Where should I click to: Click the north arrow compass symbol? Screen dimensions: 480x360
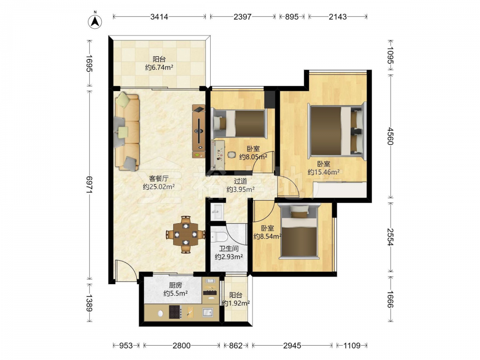tap(95, 20)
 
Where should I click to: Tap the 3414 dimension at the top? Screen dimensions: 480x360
tap(159, 17)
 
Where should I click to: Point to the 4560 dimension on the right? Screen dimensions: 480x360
tap(390, 136)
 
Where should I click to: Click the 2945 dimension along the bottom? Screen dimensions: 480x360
tap(292, 346)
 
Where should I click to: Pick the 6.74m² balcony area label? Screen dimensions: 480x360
tap(159, 67)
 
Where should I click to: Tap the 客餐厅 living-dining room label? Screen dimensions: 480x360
tap(158, 178)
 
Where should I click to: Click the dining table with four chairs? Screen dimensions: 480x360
tap(185, 235)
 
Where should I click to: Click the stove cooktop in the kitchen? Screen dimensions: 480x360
tap(176, 312)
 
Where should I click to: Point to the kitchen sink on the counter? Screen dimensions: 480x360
tap(208, 312)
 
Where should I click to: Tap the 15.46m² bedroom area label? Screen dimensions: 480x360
tap(324, 172)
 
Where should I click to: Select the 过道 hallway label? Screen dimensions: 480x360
tap(240, 181)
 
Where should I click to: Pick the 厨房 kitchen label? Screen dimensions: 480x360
tap(175, 285)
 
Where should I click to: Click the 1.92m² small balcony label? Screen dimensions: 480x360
tap(235, 303)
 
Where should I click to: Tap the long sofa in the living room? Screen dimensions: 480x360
tap(127, 132)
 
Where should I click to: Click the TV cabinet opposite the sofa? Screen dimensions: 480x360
tap(198, 132)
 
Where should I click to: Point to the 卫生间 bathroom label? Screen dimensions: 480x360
tap(228, 249)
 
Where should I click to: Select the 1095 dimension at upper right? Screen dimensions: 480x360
tap(390, 55)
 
